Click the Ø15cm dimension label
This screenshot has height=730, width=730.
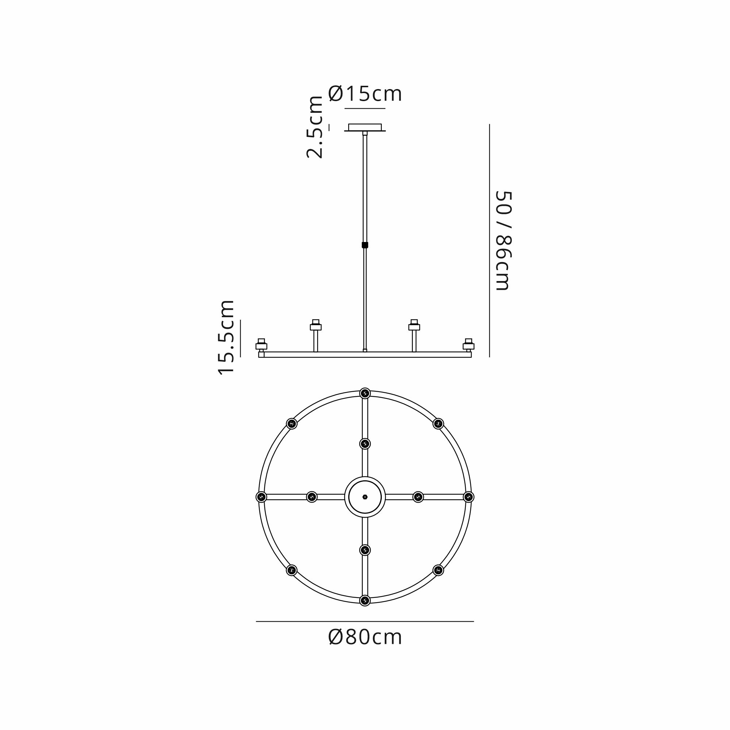(365, 94)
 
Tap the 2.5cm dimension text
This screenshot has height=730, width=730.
(315, 127)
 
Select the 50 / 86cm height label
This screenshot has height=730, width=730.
(503, 241)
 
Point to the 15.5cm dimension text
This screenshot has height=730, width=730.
(226, 337)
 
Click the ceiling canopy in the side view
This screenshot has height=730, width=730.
(365, 128)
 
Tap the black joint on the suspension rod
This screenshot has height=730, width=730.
(365, 245)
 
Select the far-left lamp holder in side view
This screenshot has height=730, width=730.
(261, 345)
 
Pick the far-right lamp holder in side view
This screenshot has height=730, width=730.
(469, 345)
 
